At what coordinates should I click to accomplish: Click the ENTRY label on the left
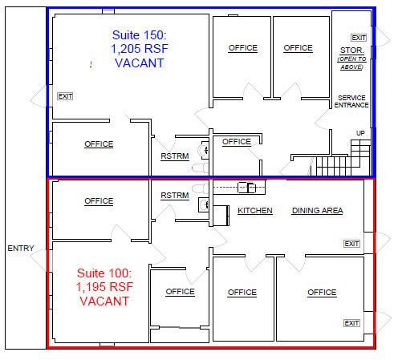coord(21,248)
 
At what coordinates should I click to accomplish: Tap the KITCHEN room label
coord(255,211)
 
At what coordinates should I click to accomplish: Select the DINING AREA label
coord(318,211)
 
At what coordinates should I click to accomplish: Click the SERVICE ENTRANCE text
coord(351,102)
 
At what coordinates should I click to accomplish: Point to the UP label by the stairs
coord(360,133)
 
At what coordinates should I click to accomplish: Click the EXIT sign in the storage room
coord(359,38)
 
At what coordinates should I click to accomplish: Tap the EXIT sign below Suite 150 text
coord(65,96)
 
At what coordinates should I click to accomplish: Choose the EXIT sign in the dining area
coord(351,244)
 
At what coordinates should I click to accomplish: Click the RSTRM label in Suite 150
coord(175,156)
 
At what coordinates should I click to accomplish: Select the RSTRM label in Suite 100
coord(175,196)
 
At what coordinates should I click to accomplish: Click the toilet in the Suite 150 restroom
coord(200,168)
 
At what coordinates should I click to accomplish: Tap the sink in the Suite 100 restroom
coord(204,204)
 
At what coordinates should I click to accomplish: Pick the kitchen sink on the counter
coord(247,188)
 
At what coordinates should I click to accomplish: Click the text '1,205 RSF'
coord(140,49)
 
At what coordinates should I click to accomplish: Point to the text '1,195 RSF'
coord(104,287)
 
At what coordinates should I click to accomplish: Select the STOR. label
coord(352,51)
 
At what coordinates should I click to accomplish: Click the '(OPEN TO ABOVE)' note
coord(351,63)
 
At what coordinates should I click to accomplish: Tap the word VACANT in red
coord(104,301)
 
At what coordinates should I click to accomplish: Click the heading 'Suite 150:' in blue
coord(140,35)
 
